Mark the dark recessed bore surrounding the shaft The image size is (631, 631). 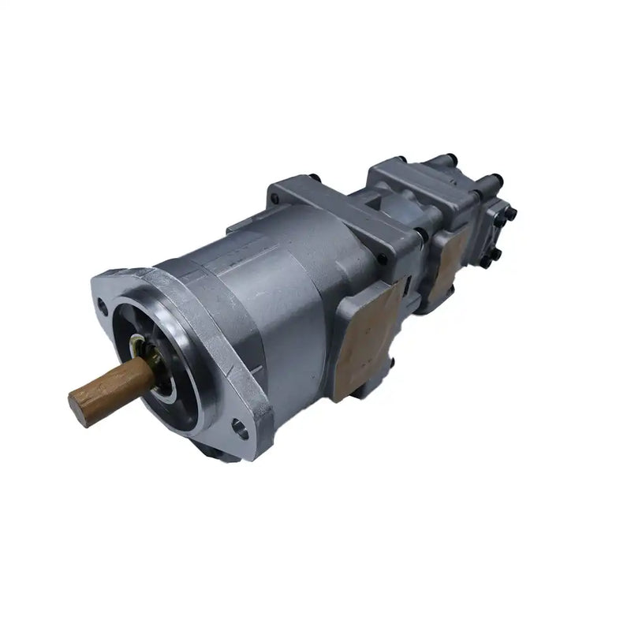tap(170, 371)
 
